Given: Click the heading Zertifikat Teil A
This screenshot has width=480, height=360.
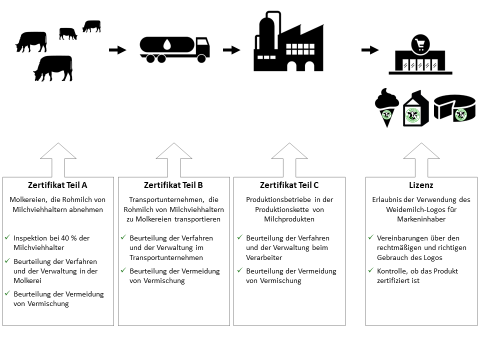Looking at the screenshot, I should coord(58,185).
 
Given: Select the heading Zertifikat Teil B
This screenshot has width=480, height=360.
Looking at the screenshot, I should coord(173,185).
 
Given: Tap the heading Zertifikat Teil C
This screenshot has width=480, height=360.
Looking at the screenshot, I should coord(289,185).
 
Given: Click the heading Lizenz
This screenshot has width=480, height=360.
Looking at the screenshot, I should coord(421,185).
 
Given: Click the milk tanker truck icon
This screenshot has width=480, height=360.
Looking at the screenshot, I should coord(174,48).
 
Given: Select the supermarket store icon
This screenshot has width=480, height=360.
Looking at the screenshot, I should coord(420,56).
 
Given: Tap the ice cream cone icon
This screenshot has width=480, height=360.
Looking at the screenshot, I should coord(386,107).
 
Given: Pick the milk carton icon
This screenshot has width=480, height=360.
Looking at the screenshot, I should coord(412,108).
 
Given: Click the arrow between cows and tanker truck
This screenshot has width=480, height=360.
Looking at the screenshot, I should coord(117,50).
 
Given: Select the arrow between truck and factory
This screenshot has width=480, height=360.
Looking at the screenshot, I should coord(231,50).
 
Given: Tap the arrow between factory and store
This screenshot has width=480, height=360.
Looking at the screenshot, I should coord(369,50).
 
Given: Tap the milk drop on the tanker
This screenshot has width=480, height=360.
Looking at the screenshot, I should coord(166,45).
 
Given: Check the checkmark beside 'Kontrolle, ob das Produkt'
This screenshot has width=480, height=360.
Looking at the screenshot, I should coord(370,270).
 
